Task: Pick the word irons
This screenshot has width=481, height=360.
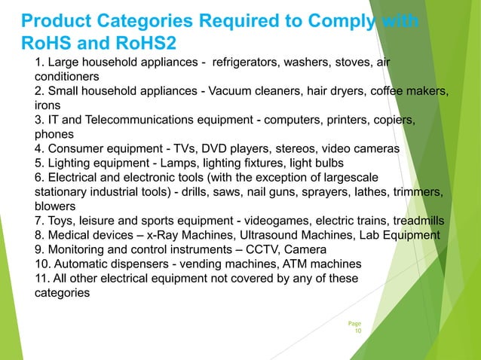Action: click(49, 106)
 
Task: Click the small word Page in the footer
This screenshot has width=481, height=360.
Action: click(354, 322)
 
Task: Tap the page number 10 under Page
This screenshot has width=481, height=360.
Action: click(357, 330)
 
